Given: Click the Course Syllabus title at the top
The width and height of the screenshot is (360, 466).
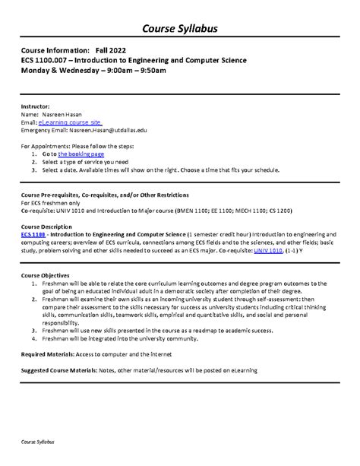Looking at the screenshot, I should tap(180, 29).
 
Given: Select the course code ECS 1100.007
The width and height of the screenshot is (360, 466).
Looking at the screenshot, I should tap(47, 59).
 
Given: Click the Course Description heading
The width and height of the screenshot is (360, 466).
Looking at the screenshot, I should tap(47, 227).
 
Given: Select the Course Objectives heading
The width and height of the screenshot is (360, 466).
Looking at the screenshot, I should tap(46, 274).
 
